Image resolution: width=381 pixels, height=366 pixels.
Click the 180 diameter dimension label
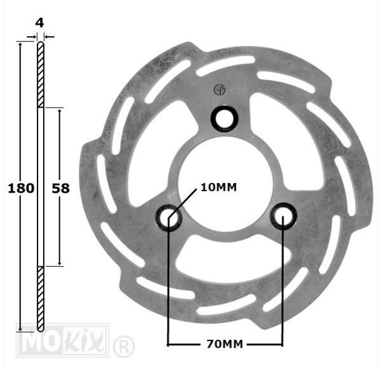(x=21, y=189)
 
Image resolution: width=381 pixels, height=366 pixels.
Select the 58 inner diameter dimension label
(x=60, y=189)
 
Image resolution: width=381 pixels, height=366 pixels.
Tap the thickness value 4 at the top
(x=39, y=23)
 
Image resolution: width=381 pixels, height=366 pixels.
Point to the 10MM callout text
(x=218, y=187)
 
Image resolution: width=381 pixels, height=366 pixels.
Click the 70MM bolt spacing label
(x=225, y=344)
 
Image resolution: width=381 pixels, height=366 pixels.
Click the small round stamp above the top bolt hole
(x=220, y=90)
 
